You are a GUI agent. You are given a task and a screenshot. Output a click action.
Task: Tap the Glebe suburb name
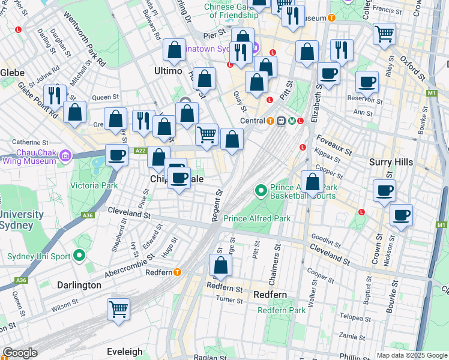click(12, 73)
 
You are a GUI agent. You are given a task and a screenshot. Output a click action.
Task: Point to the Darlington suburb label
click(79, 285)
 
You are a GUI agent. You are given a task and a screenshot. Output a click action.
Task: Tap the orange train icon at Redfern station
click(178, 272)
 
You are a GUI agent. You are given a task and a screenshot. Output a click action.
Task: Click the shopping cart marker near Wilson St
click(118, 310)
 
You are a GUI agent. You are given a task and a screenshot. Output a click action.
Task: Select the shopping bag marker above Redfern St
click(220, 266)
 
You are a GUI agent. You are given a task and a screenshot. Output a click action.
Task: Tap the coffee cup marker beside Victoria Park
click(117, 155)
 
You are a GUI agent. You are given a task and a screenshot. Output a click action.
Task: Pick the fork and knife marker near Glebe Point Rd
click(55, 95)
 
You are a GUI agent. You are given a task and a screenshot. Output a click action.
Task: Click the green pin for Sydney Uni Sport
click(79, 256)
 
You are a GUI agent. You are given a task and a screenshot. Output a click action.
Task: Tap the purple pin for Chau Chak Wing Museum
click(65, 156)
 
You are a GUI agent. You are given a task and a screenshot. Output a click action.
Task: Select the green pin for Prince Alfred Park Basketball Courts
click(261, 191)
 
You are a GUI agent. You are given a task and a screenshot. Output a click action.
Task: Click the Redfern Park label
click(282, 310)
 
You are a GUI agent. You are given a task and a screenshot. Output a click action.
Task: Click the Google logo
click(20, 353)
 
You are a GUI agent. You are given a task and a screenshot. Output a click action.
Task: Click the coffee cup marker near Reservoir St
click(367, 82)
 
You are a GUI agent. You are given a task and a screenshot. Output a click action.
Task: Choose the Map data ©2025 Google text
click(411, 355)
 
